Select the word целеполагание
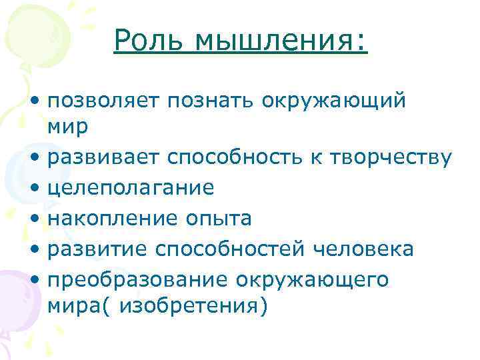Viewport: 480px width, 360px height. tap(131, 187)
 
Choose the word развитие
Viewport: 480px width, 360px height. tap(98, 249)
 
